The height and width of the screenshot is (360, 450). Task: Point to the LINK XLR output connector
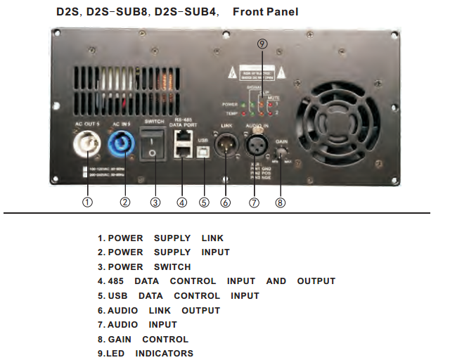tap(226, 148)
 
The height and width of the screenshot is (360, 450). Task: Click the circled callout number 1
tap(87, 202)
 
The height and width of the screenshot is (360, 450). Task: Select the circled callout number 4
tap(181, 202)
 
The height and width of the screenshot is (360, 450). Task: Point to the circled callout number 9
tap(262, 44)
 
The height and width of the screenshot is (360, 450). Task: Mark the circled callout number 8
tap(281, 202)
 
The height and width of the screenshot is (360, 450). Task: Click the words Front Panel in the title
tap(265, 12)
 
